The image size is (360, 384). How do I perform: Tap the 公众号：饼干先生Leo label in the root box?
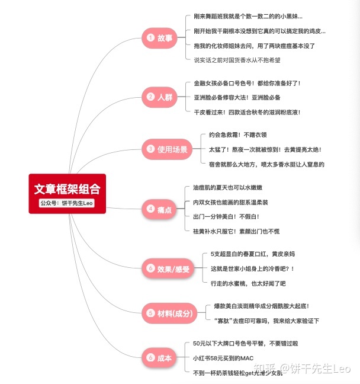(67, 203)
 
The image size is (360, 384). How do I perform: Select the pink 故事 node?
(159, 38)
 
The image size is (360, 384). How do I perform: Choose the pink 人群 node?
(159, 97)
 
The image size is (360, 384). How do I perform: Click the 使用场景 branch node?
(166, 149)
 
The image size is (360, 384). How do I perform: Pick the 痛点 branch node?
(159, 208)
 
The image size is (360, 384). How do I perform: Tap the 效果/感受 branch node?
(168, 268)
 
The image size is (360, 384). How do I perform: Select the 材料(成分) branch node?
(169, 313)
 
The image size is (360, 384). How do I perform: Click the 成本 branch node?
(159, 357)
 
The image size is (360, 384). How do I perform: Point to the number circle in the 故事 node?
(150, 38)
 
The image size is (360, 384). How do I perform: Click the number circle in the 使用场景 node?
(150, 149)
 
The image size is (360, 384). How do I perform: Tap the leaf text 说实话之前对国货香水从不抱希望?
(237, 60)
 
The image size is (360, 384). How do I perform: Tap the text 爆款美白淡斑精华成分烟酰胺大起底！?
(262, 306)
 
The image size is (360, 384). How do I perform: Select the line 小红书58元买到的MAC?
(223, 358)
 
